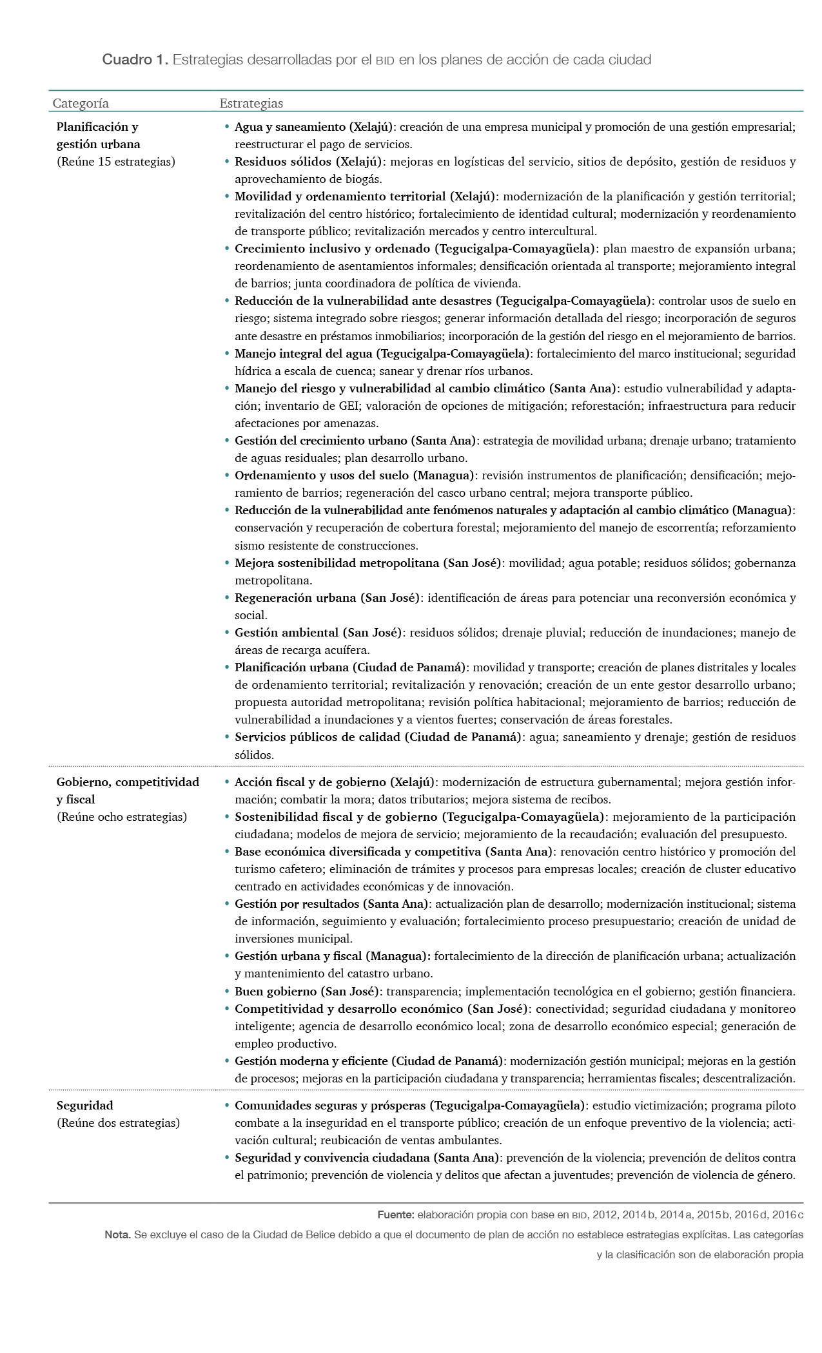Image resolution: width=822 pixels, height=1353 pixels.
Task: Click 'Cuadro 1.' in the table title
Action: click(x=135, y=60)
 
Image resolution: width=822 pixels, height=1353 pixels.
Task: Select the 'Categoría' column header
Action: click(x=81, y=103)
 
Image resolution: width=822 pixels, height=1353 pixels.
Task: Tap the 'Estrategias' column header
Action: click(x=251, y=103)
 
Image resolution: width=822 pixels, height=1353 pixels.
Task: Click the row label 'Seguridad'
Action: click(x=84, y=1106)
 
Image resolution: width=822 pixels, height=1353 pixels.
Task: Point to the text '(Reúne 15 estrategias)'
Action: click(x=116, y=162)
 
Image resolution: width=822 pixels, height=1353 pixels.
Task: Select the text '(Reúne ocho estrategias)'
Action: click(x=122, y=817)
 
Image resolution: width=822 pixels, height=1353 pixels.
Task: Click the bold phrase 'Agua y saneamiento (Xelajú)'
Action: click(x=313, y=127)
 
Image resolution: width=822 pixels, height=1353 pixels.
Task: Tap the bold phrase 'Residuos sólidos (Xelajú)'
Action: click(x=308, y=162)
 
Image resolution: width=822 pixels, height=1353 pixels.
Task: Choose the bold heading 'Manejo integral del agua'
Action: click(x=304, y=354)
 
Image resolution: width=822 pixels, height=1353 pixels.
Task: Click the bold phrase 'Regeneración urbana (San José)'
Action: click(x=327, y=598)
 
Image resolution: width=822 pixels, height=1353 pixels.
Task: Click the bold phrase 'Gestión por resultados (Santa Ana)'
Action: click(x=331, y=904)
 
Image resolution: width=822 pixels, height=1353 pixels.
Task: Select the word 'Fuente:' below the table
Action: click(x=396, y=1215)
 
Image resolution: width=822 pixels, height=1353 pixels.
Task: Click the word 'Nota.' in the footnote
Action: click(x=117, y=1235)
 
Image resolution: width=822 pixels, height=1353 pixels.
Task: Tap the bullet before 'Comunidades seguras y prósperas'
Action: click(x=227, y=1106)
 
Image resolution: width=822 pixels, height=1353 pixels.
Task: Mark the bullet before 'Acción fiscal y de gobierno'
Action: click(x=227, y=782)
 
